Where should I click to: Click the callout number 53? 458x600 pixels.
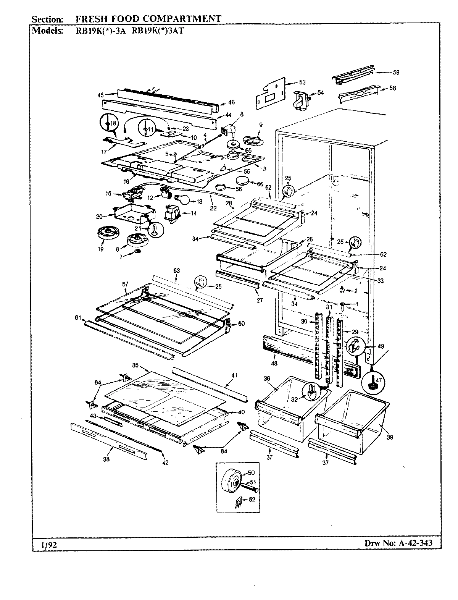pos(302,82)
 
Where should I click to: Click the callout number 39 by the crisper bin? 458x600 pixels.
pos(390,437)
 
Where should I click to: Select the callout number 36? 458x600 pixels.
pos(267,378)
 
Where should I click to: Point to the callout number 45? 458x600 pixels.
pos(100,94)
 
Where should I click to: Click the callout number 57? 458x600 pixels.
pos(125,284)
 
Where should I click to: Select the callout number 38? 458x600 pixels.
pos(106,459)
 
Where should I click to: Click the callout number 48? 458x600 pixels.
pos(274,362)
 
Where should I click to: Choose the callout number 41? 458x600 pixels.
pos(234,375)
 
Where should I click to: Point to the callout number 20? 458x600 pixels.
pos(99,216)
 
